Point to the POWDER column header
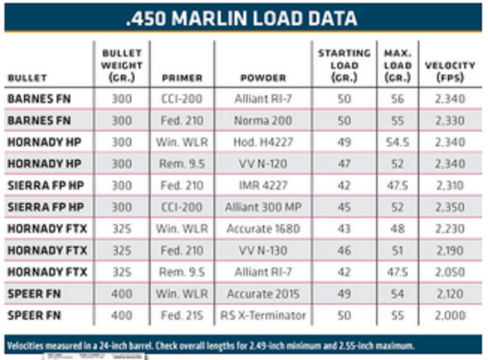point(262,77)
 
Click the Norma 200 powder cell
point(262,120)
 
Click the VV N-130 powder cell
point(262,250)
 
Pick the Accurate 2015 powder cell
point(262,294)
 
